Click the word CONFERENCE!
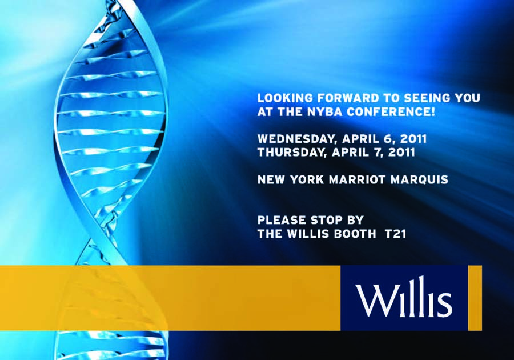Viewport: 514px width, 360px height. [391, 112]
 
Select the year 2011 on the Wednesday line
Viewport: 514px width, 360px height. [413, 139]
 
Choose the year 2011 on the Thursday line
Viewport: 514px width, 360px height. [402, 152]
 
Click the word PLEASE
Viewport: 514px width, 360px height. [282, 220]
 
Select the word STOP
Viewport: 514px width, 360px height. [324, 220]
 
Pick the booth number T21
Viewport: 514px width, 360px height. [395, 234]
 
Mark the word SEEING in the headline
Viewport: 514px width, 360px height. [428, 98]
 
